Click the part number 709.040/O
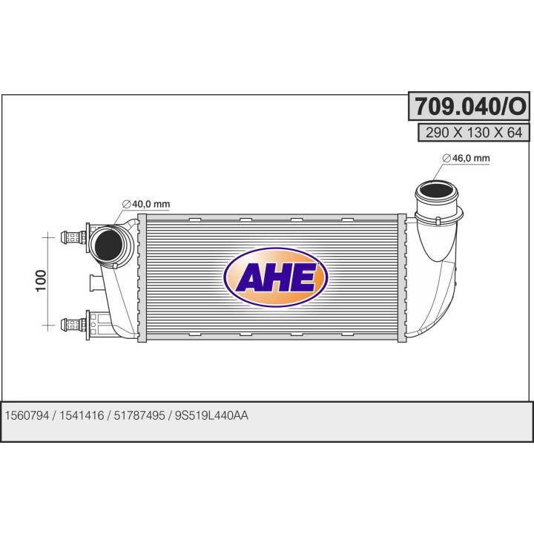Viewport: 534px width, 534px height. pos(469,108)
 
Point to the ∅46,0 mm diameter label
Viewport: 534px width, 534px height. pos(466,158)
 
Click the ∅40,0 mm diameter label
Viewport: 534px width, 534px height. pos(146,204)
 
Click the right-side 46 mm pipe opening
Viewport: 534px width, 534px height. pos(435,196)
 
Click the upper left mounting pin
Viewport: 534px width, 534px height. pos(73,237)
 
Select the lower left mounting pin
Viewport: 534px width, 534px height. pos(73,323)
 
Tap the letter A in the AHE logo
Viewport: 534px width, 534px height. pos(250,277)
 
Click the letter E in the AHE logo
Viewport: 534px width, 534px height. pos(303,277)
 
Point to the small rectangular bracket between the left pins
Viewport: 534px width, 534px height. pos(94,283)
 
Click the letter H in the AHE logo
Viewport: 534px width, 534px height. pos(277,277)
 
